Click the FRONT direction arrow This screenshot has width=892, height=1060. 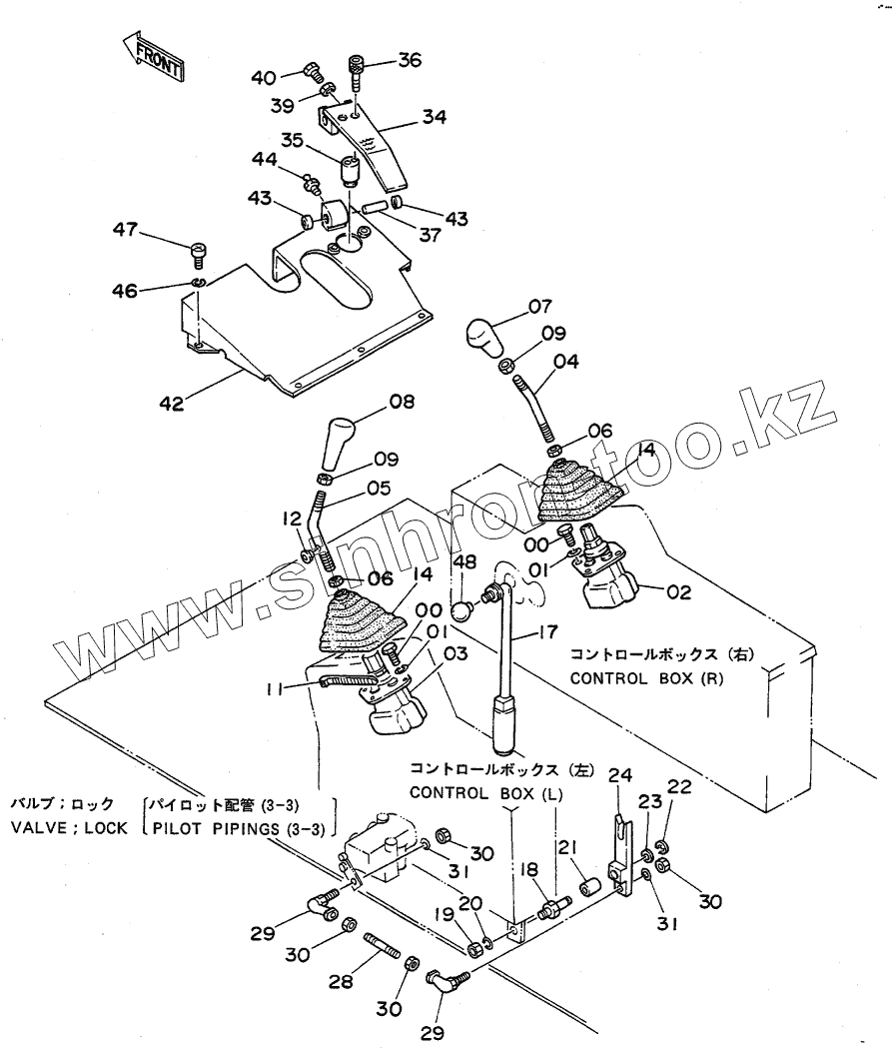tap(152, 56)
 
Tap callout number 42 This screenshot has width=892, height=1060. tap(173, 405)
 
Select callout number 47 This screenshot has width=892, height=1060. tap(125, 231)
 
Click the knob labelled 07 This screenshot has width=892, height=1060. tap(487, 336)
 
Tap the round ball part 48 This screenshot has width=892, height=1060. tap(460, 607)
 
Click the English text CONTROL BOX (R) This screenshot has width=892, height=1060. tap(646, 678)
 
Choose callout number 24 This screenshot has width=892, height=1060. tap(620, 774)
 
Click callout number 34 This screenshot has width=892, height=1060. tap(433, 117)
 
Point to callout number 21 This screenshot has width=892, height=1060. tap(568, 848)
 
